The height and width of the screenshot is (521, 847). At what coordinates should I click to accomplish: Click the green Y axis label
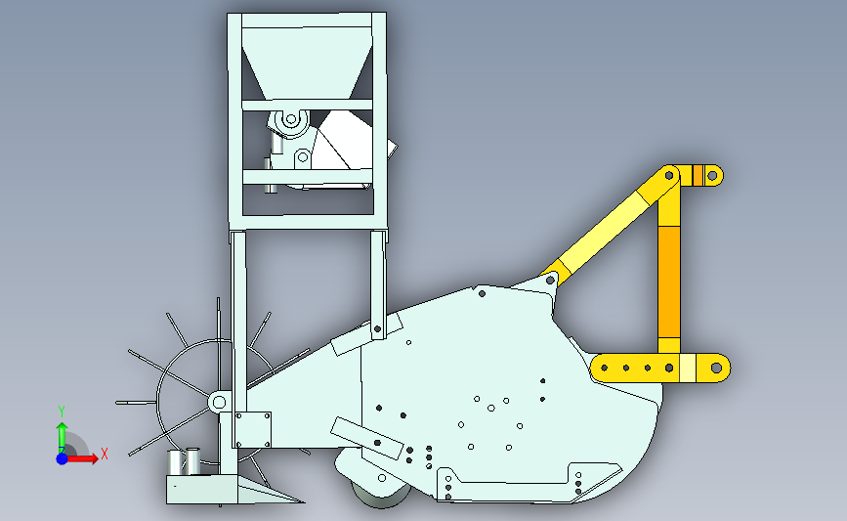pyautogui.click(x=62, y=412)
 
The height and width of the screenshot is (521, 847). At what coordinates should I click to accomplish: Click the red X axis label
pyautogui.click(x=105, y=454)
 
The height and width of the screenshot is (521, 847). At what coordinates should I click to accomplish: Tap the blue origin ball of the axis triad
pyautogui.click(x=63, y=458)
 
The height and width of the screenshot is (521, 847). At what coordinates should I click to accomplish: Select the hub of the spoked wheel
pyautogui.click(x=219, y=402)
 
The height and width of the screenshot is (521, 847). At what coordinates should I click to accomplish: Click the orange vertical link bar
pyautogui.click(x=669, y=282)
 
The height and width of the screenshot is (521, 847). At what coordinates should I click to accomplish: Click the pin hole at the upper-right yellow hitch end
pyautogui.click(x=712, y=176)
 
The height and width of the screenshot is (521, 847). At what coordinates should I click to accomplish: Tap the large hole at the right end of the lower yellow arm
pyautogui.click(x=716, y=369)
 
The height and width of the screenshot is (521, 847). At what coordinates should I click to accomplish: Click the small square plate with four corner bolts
pyautogui.click(x=253, y=430)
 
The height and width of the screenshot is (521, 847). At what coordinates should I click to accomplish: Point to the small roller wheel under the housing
pyautogui.click(x=381, y=495)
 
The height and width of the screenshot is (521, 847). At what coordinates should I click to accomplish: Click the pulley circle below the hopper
pyautogui.click(x=291, y=119)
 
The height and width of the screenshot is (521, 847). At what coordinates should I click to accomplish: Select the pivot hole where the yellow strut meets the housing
pyautogui.click(x=550, y=281)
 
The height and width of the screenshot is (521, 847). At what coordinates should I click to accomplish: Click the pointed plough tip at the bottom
pyautogui.click(x=303, y=502)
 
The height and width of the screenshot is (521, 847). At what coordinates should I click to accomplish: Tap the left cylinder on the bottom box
pyautogui.click(x=175, y=462)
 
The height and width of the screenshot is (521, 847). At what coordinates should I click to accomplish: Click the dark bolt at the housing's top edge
pyautogui.click(x=482, y=293)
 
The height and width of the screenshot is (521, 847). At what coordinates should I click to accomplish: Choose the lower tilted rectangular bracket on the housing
pyautogui.click(x=367, y=438)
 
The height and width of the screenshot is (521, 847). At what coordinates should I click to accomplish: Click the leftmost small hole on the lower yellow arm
pyautogui.click(x=605, y=369)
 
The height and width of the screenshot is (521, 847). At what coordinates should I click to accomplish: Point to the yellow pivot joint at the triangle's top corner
pyautogui.click(x=669, y=175)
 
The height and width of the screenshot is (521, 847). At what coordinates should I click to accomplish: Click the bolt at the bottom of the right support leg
pyautogui.click(x=378, y=329)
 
